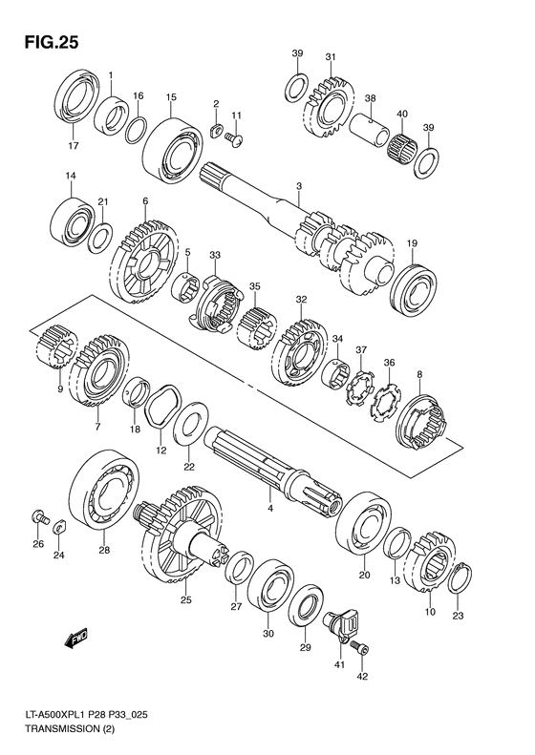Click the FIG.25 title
51,42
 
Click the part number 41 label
341,665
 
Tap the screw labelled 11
234,138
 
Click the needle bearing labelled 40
402,143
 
